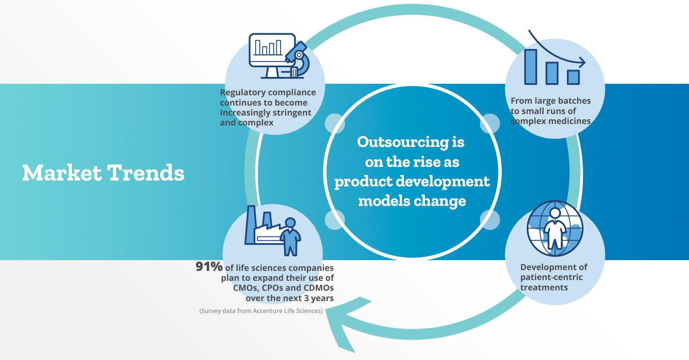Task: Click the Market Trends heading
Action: [x=103, y=173]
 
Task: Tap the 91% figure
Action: [x=209, y=266]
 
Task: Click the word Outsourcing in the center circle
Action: [x=403, y=142]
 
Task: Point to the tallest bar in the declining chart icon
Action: [x=531, y=67]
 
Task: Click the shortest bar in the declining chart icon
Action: [x=573, y=77]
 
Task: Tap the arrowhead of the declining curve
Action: [x=582, y=62]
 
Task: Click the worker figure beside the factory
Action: [x=291, y=236]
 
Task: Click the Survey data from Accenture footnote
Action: [x=261, y=311]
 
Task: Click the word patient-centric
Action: [x=551, y=277]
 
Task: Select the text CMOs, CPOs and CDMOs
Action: [x=283, y=288]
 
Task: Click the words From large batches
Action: [x=550, y=101]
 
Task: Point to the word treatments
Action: [x=544, y=288]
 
